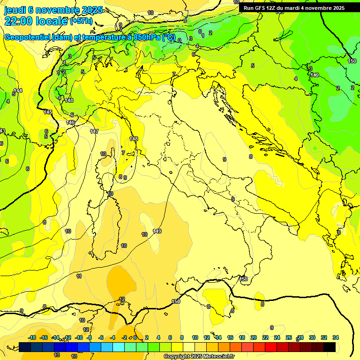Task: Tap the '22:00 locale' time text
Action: point(37,21)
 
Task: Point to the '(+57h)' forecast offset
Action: point(81,21)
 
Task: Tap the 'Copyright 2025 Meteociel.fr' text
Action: point(199,356)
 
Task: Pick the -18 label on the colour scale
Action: point(32,337)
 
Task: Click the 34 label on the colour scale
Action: point(336,337)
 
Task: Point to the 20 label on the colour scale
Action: point(254,337)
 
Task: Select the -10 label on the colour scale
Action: point(79,337)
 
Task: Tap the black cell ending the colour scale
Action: point(330,347)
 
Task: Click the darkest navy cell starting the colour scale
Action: point(25,347)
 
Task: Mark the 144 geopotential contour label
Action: point(18,90)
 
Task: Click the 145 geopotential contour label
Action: point(48,112)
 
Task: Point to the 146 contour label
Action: point(71,122)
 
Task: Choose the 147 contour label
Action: point(94,131)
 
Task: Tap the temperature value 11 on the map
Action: point(79,277)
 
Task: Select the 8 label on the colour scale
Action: point(182,337)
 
